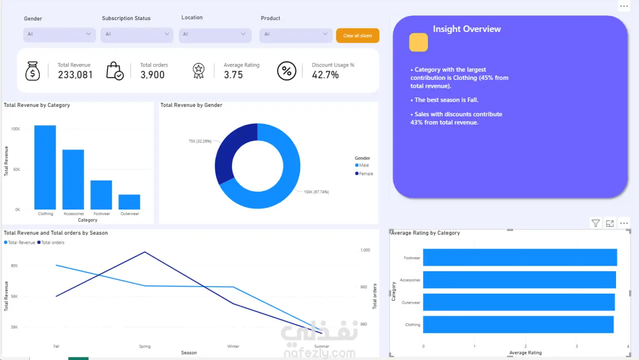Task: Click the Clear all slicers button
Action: (357, 35)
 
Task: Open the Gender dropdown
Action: (59, 34)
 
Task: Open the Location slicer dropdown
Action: (215, 35)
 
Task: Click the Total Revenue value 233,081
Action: (75, 75)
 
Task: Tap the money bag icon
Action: (32, 71)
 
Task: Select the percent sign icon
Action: (287, 71)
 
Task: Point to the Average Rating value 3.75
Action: (233, 75)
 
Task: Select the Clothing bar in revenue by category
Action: (45, 167)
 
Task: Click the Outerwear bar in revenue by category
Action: (129, 202)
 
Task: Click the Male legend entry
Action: (362, 165)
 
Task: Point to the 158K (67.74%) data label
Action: (316, 192)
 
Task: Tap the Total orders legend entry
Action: (51, 243)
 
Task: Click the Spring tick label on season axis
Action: (145, 347)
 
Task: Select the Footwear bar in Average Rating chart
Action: (520, 257)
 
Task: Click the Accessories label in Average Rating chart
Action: (410, 280)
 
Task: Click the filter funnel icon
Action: (596, 223)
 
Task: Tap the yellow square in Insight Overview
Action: (418, 42)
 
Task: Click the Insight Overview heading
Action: (467, 29)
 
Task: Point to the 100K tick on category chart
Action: (15, 129)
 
